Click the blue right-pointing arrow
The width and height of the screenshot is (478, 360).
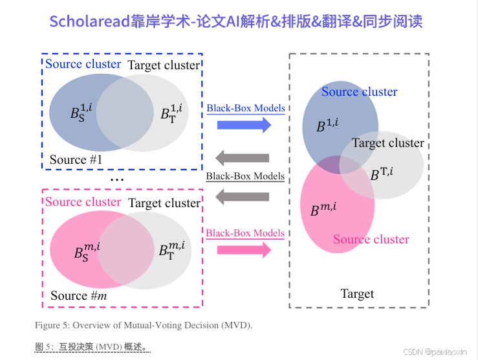point(244,125)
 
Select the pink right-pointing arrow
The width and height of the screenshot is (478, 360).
point(244,250)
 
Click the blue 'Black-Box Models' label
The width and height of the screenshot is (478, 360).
point(246,108)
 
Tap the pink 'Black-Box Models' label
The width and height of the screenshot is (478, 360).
point(245,233)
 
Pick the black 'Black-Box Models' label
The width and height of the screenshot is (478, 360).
point(245,176)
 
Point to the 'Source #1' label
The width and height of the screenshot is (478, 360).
point(76,159)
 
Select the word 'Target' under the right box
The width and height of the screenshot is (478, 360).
point(357,294)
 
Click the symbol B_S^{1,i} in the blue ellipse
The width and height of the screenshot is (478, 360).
point(81,112)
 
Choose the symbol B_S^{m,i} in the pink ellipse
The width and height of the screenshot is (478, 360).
point(87,251)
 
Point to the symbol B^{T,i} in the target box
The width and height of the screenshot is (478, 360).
point(382,174)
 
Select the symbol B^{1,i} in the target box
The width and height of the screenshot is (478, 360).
point(327,125)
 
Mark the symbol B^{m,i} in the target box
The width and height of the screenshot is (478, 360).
point(323,210)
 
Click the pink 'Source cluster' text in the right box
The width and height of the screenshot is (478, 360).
point(371,240)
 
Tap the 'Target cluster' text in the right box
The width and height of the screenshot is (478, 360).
point(388,143)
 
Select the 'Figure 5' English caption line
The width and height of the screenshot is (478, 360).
point(144,324)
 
